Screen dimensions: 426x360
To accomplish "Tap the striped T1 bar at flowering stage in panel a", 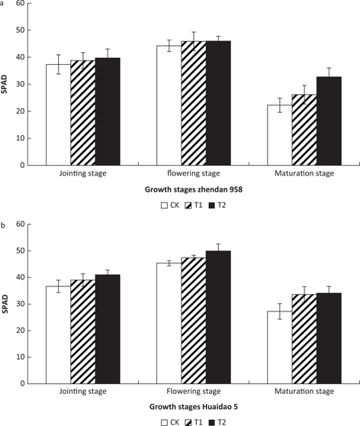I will click(x=194, y=103).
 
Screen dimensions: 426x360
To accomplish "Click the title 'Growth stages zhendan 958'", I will click(x=182, y=189).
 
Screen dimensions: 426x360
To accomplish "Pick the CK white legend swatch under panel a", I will click(x=163, y=205).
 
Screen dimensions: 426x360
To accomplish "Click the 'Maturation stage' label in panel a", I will click(x=304, y=173).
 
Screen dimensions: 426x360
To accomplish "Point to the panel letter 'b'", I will click(x=3, y=226).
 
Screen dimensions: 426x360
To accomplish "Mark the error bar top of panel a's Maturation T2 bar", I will click(x=329, y=68).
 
